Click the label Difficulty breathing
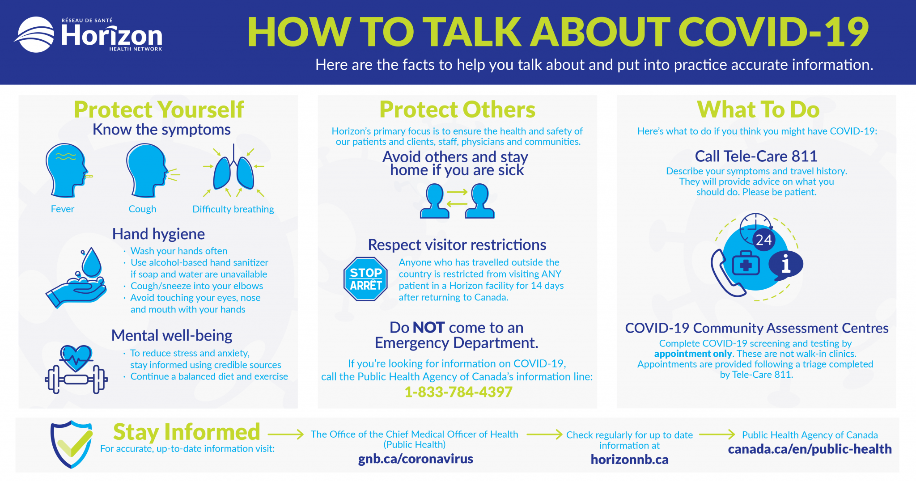coord(233,209)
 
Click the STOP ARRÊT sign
coord(365,279)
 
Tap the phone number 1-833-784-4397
coord(458,392)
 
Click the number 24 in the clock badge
coord(763,240)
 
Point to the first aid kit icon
coord(746,264)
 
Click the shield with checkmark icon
coord(72,443)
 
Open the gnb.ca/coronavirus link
coord(416,459)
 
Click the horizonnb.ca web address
coord(629,460)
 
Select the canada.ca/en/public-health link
coord(810,449)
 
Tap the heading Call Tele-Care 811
coord(756,156)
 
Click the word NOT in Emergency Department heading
coord(428,328)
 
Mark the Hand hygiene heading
coord(158,234)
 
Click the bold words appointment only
coord(693,354)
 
